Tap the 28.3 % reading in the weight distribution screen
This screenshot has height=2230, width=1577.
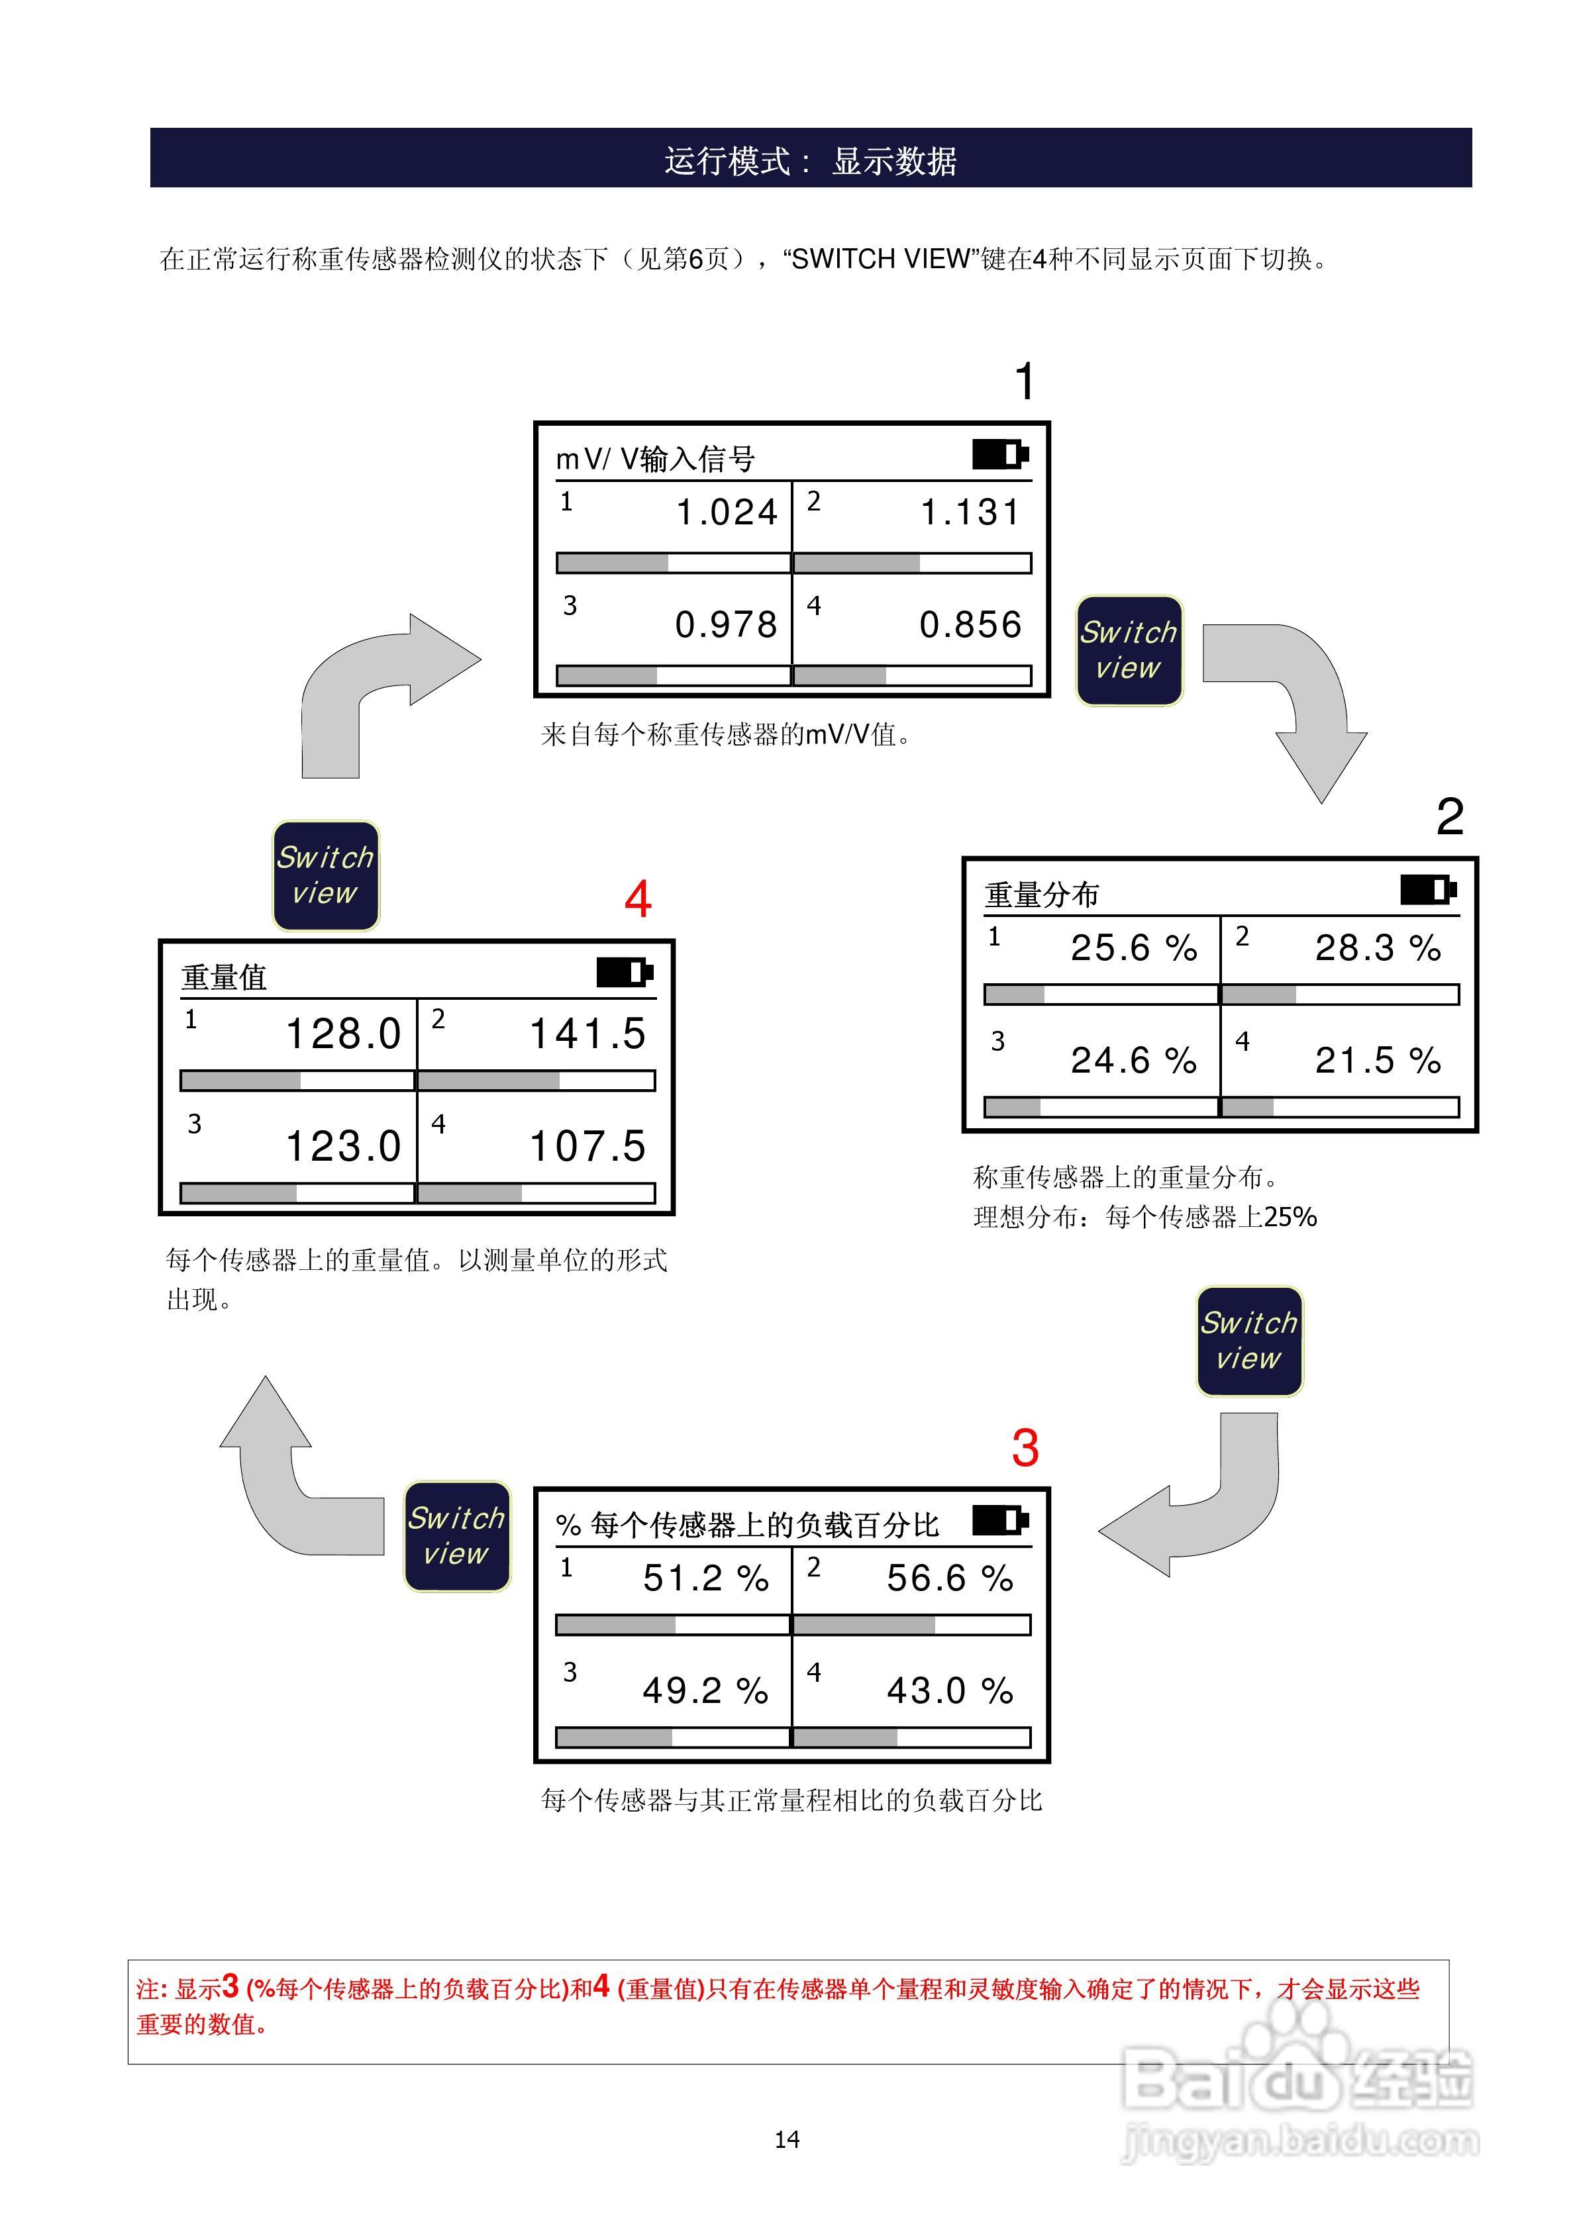[1378, 948]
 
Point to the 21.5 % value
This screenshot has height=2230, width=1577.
[1378, 1061]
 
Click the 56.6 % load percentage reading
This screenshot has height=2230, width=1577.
[949, 1578]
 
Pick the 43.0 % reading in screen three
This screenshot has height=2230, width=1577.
[949, 1691]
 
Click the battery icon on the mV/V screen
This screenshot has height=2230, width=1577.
[1000, 454]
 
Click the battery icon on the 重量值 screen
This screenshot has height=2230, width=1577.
[625, 972]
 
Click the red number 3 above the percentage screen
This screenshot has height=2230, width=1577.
[1025, 1448]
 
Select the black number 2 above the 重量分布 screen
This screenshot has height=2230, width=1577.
[1450, 817]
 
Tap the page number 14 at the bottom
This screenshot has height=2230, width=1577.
[787, 2139]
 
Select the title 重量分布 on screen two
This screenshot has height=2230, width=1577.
[1042, 895]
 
